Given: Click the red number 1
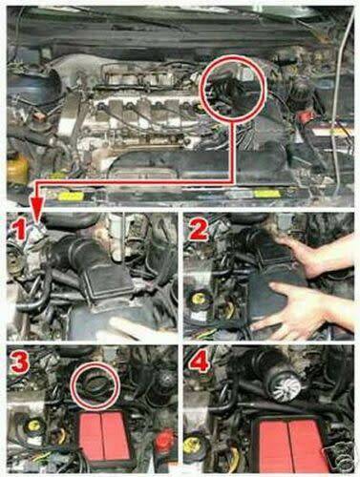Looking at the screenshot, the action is coord(20,231).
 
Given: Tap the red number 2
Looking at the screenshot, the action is coord(199,230).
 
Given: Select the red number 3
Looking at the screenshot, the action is coord(20,363).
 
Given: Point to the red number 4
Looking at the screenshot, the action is coord(199,362).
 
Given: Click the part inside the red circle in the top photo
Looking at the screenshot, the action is coord(230,92).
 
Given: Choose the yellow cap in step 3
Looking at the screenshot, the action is coord(32,425).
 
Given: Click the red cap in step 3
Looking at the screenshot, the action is coord(165,438).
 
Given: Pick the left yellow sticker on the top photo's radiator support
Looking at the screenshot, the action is coord(70,196).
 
